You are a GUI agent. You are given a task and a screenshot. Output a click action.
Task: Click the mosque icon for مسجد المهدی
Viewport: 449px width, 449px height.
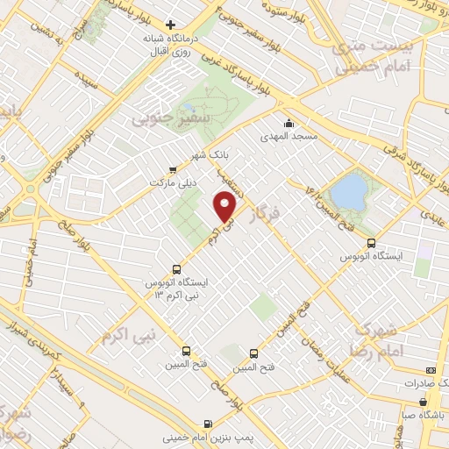click(x=289, y=123)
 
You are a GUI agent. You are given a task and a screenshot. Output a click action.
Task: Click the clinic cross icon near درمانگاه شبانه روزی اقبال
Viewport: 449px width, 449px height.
click(x=171, y=25)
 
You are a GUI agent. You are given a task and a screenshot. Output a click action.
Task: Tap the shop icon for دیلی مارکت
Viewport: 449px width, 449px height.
click(x=172, y=170)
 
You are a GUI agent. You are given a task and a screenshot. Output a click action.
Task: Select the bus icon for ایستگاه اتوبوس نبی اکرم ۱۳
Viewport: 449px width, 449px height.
click(x=177, y=270)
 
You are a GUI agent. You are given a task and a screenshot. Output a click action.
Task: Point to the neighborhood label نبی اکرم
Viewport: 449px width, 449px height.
click(x=127, y=334)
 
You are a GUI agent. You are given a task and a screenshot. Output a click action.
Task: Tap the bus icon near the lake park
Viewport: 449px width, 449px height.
click(x=371, y=243)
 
